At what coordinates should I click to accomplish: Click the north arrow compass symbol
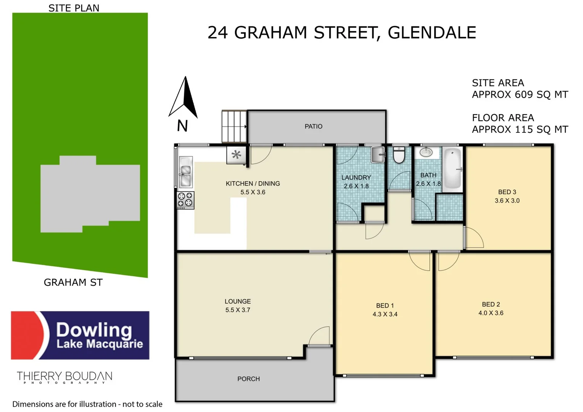(184, 98)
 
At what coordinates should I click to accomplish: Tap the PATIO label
(313, 126)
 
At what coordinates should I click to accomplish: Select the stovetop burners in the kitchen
(185, 200)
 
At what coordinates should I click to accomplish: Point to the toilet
(399, 155)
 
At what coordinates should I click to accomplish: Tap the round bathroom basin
(426, 153)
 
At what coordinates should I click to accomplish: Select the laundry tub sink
(378, 155)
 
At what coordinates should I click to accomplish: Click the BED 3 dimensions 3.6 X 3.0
(507, 201)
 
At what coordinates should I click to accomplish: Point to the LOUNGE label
(238, 301)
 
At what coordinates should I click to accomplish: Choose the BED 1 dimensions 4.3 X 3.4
(385, 314)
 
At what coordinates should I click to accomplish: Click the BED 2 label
(491, 304)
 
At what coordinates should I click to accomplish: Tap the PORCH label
(248, 379)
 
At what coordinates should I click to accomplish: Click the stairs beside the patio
(234, 126)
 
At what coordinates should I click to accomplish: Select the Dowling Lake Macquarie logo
(80, 335)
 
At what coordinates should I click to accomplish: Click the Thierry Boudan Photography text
(64, 377)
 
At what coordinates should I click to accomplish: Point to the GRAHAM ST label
(73, 282)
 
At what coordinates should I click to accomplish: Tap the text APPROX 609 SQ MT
(520, 95)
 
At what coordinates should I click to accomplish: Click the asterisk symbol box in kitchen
(237, 155)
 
